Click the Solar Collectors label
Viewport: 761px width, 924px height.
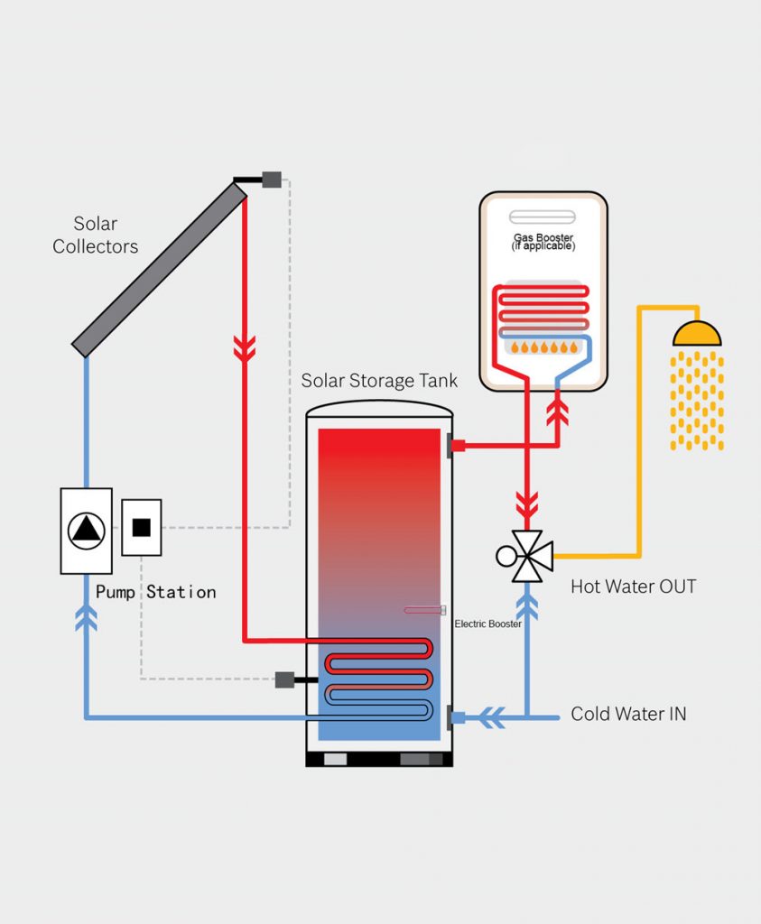pos(95,235)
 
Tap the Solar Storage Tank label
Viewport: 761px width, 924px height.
pos(379,381)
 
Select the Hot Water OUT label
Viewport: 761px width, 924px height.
pos(634,587)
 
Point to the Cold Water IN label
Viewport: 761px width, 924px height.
pos(628,714)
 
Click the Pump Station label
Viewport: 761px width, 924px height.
pos(156,592)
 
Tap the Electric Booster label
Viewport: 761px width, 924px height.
pos(487,624)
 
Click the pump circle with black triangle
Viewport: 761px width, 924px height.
pos(87,530)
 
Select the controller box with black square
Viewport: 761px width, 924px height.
pos(142,528)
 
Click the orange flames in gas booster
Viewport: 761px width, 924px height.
pos(543,347)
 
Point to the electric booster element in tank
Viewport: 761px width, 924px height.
pos(425,611)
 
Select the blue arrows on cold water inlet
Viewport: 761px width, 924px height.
pos(492,718)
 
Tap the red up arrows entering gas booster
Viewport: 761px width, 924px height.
pos(559,412)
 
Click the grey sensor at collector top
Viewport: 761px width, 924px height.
pos(272,180)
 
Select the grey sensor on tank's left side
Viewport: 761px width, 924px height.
pos(285,679)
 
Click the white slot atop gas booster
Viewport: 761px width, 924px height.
pos(543,217)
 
